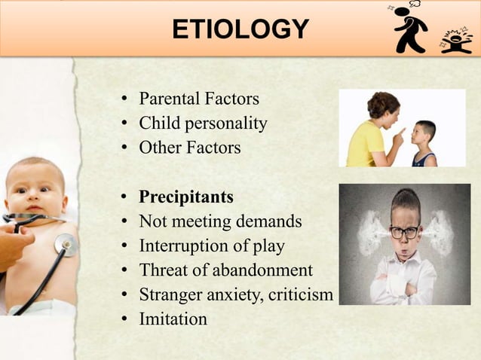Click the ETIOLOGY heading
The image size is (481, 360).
click(240, 29)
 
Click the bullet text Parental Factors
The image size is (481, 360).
click(198, 99)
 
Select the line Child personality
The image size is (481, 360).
click(203, 123)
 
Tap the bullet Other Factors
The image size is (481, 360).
click(189, 147)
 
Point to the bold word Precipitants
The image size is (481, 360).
click(186, 197)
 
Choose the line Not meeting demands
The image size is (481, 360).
click(220, 221)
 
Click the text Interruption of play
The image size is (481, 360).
click(212, 246)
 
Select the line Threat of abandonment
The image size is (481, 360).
click(225, 270)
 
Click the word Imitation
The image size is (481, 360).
click(173, 319)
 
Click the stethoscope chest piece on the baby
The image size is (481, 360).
click(66, 245)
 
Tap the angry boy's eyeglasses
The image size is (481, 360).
click(404, 231)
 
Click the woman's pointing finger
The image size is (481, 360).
click(400, 133)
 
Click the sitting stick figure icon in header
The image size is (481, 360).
click(455, 39)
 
